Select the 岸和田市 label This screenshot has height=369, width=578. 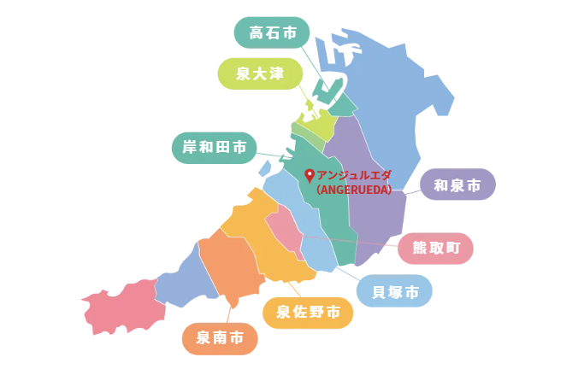tap(214, 149)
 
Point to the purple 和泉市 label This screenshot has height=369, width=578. tap(457, 184)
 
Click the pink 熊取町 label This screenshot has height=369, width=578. tap(436, 249)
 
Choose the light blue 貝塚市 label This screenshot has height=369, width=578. tap(394, 291)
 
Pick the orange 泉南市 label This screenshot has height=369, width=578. tap(220, 338)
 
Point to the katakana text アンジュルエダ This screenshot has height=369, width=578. tap(353, 176)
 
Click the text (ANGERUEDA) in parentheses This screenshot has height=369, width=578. tap(353, 190)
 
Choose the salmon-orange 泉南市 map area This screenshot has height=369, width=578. tap(231, 265)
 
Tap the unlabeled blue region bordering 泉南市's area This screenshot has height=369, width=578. tap(180, 282)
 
